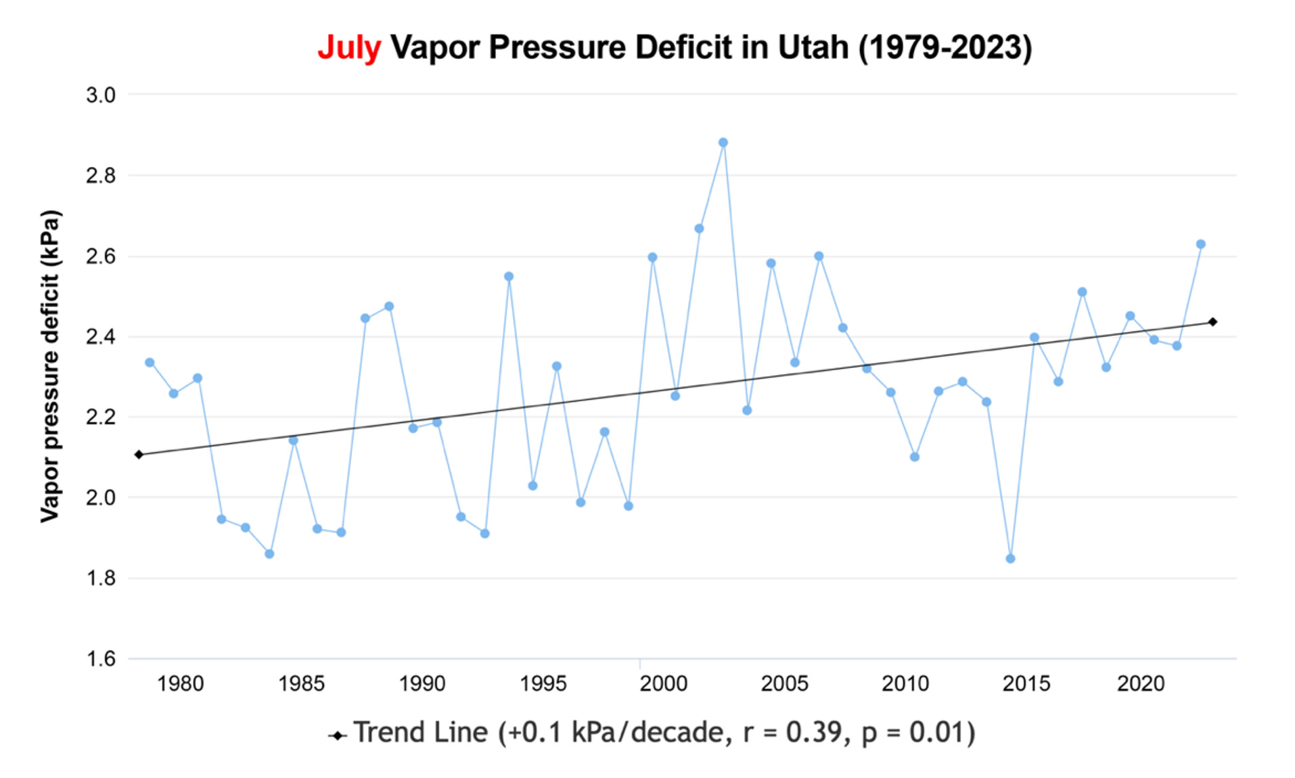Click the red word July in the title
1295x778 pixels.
pos(349,48)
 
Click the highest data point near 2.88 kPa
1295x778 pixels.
pos(723,143)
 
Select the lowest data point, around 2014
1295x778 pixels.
pos(1010,558)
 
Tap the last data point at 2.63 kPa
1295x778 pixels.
pos(1200,244)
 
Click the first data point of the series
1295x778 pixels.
pos(150,363)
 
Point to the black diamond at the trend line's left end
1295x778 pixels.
pos(139,455)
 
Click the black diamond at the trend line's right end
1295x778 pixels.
pos(1212,322)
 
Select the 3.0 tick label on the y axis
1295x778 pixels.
pos(100,95)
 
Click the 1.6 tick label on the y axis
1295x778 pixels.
pos(100,658)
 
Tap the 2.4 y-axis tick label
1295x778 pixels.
pos(100,336)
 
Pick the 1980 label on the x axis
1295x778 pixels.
pos(180,684)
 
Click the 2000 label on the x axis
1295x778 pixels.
pos(663,684)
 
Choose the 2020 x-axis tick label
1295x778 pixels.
pos(1140,684)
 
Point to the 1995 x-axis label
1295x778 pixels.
pos(543,684)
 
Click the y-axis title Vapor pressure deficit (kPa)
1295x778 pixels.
pos(50,366)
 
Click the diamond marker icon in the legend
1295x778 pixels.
pos(337,735)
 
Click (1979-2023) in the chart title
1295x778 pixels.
pos(945,48)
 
